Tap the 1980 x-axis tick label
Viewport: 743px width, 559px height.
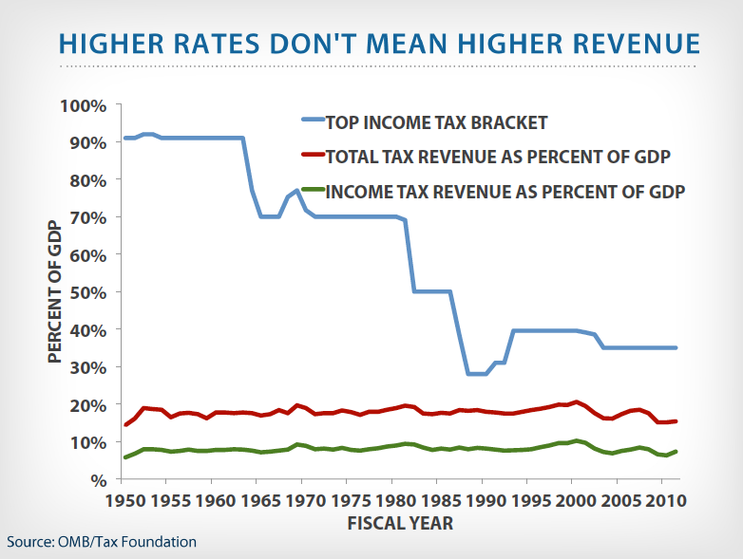point(393,500)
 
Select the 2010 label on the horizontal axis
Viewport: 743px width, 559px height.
point(662,500)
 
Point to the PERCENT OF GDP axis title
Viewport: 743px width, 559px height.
point(55,291)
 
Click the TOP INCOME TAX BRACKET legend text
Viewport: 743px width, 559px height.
point(436,122)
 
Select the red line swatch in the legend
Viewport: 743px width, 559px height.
point(306,155)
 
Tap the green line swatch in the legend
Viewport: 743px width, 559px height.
point(306,190)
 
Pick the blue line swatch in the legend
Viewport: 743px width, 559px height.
point(306,121)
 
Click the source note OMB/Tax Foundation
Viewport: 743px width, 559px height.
point(102,542)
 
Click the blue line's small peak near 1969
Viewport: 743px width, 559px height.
point(296,191)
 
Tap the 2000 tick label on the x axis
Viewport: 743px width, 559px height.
point(573,500)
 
